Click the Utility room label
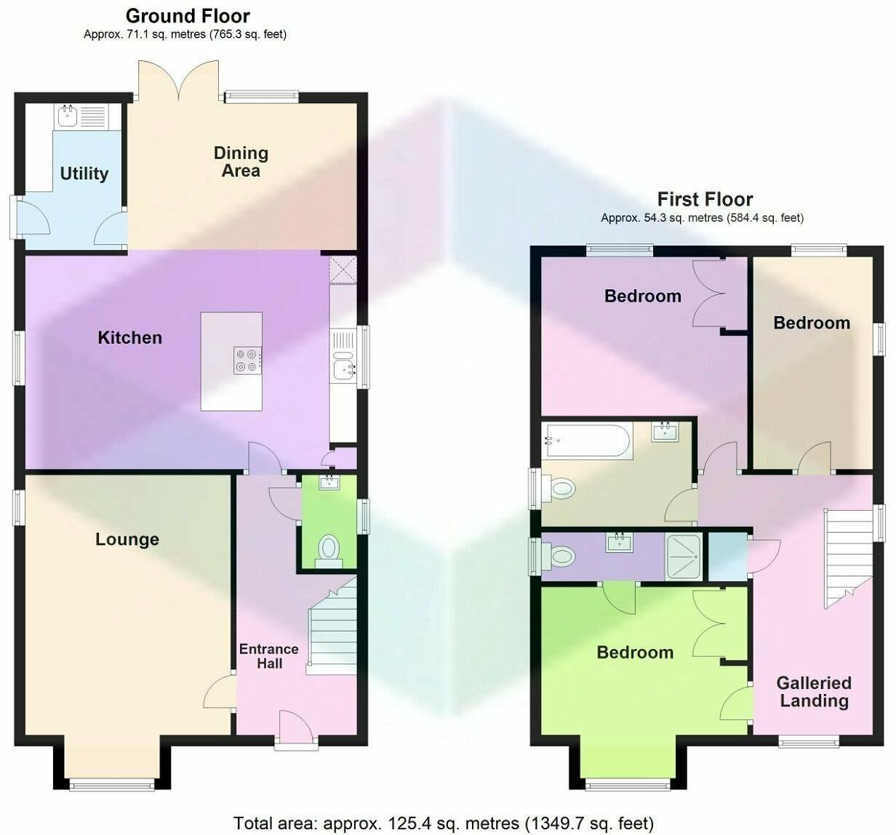click(x=84, y=174)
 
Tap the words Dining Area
click(x=241, y=162)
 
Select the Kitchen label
click(x=129, y=337)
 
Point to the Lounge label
click(x=127, y=539)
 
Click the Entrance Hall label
click(x=268, y=656)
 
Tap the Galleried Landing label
click(x=814, y=692)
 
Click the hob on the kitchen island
click(x=247, y=360)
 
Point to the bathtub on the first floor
click(x=588, y=440)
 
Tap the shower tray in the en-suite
click(x=684, y=557)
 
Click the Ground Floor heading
click(x=187, y=16)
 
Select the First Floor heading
click(x=705, y=199)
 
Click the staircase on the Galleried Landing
click(x=847, y=555)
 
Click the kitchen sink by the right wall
click(x=343, y=370)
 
